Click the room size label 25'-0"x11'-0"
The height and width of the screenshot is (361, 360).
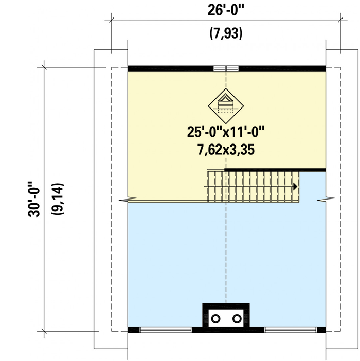pyautogui.click(x=226, y=132)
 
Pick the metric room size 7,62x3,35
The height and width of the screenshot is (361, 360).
pyautogui.click(x=226, y=150)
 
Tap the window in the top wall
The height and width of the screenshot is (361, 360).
pyautogui.click(x=226, y=68)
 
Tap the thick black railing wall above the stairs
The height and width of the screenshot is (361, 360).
pyautogui.click(x=275, y=170)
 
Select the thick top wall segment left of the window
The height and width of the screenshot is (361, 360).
pyautogui.click(x=170, y=68)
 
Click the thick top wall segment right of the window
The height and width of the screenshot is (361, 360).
pyautogui.click(x=282, y=68)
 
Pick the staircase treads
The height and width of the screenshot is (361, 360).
pyautogui.click(x=252, y=186)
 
